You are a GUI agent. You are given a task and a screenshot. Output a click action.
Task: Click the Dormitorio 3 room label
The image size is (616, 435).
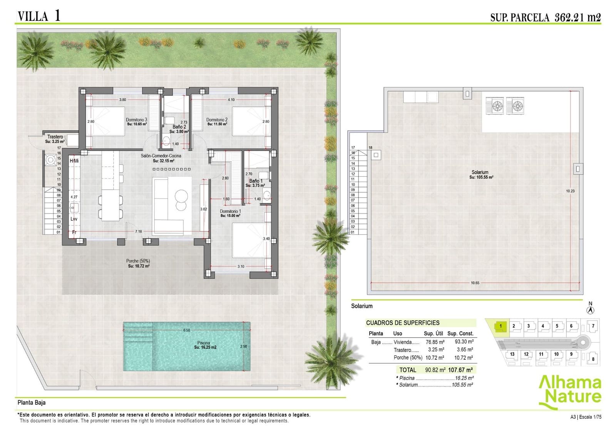pos(137,120)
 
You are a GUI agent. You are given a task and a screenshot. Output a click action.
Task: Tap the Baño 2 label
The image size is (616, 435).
pos(179,127)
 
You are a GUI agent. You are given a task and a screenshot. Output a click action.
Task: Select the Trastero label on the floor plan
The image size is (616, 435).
pos(55,137)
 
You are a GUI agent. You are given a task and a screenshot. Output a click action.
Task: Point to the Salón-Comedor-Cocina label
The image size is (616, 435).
pos(161,156)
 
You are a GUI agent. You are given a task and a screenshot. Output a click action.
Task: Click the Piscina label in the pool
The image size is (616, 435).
pos(204,343)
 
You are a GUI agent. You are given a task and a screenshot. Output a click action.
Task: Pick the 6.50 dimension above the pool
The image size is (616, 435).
pos(187,330)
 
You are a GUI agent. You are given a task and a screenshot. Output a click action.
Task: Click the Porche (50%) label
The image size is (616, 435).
pos(138,261)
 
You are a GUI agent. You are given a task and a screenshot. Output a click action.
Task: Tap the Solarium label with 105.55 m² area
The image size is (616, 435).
pos(480,172)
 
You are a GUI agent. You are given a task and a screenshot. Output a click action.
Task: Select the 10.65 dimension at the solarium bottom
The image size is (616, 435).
pos(475,283)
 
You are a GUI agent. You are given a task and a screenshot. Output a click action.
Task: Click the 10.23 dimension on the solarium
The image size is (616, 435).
pos(570,191)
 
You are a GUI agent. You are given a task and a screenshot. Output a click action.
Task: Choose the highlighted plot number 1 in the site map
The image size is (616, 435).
pos(500,326)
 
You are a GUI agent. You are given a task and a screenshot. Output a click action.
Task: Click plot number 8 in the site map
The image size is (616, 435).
pos(593,359)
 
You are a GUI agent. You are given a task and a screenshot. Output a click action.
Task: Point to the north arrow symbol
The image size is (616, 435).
pos(591,310)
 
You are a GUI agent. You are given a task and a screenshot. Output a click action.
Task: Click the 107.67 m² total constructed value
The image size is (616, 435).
pos(460,370)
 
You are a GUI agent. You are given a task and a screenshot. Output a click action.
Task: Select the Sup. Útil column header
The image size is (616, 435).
pos(433,334)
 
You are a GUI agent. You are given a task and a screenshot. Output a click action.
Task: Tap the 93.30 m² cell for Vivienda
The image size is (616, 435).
pos(464,342)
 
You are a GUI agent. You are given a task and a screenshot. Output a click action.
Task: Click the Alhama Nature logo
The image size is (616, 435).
pos(570,392)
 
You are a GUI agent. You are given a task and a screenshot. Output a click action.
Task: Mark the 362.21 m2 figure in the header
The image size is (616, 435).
pos(577,17)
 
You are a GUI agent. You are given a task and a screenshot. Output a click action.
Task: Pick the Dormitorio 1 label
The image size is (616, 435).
pos(230,211)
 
